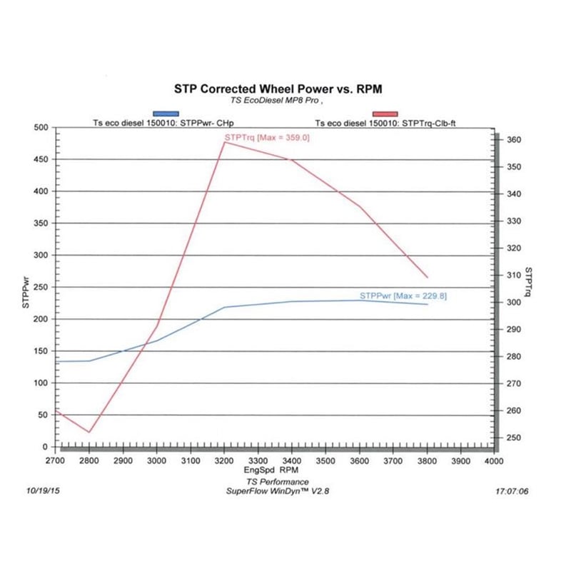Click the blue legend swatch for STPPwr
click(166, 113)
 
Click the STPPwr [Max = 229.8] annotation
click(403, 295)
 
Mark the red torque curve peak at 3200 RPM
click(224, 142)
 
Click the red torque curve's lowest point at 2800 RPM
click(89, 432)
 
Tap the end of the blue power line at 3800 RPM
click(428, 304)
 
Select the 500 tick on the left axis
click(41, 128)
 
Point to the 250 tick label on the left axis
click(41, 287)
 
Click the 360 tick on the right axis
click(511, 140)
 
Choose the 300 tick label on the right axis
click(511, 303)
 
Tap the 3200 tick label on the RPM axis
click(224, 462)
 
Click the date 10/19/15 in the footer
click(41, 491)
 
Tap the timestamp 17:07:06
click(511, 491)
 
